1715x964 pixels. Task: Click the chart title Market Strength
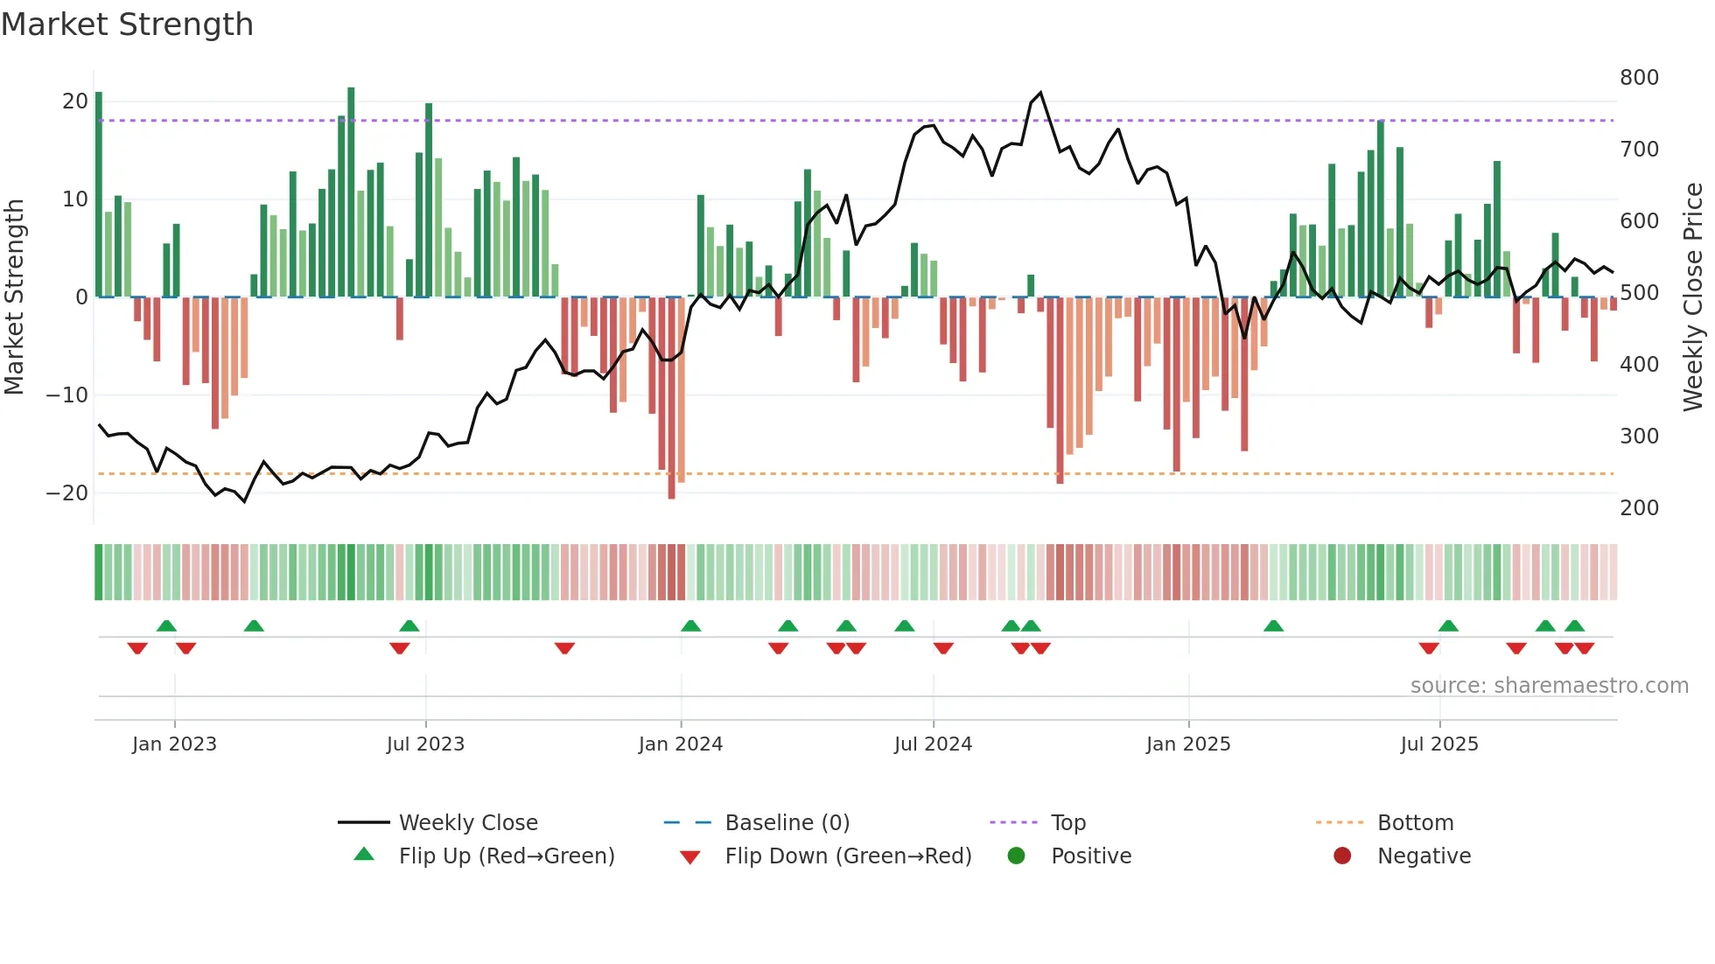point(127,24)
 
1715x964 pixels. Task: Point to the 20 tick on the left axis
point(75,101)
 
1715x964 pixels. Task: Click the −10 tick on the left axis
point(67,395)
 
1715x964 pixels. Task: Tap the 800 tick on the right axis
point(1639,78)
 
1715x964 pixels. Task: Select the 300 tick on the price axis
point(1639,437)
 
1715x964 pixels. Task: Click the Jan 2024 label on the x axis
point(681,744)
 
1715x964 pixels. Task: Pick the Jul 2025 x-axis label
point(1439,744)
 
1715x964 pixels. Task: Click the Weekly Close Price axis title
point(1693,297)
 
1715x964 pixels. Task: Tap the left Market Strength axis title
point(14,297)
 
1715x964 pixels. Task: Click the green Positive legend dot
point(1016,856)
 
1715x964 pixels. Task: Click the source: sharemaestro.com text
point(1549,686)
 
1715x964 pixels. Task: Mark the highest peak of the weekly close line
point(1040,93)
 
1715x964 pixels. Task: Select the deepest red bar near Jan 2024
point(671,398)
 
